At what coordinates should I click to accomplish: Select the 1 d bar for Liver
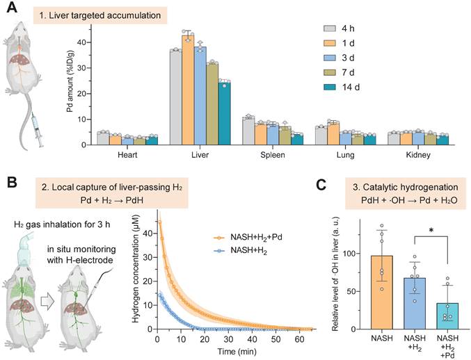(x=188, y=90)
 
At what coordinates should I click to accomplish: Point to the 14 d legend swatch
(x=330, y=86)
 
